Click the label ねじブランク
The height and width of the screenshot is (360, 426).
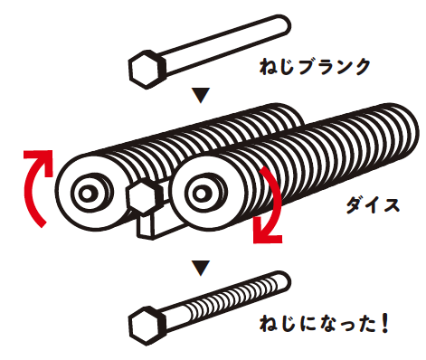pos(315,67)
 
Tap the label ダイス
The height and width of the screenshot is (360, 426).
pos(373,205)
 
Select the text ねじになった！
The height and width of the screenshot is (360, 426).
pos(324,324)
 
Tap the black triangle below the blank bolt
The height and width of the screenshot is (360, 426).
pos(201,95)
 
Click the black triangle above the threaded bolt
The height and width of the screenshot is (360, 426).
pos(201,268)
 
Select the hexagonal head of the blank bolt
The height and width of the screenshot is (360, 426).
pos(147,70)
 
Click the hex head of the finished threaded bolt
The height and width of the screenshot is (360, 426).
pos(147,326)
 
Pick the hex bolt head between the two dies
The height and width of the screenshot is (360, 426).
pos(142,198)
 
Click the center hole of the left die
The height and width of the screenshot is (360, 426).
pos(87,194)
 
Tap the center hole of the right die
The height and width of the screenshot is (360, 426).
pos(201,194)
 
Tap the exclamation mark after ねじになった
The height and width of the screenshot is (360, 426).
pos(384,324)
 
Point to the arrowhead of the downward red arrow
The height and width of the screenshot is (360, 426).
pos(267,233)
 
